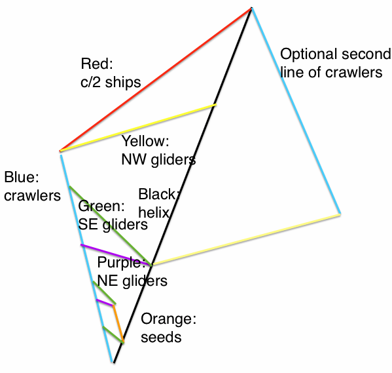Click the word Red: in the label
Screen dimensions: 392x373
point(97,64)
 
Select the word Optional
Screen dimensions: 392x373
point(308,54)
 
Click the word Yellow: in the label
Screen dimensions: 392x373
point(145,141)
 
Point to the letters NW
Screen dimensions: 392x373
point(134,159)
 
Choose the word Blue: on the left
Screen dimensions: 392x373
point(22,177)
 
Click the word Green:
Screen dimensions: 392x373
point(101,206)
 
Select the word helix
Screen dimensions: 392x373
point(154,212)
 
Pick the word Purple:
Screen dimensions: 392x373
point(122,262)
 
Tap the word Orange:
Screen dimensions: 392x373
point(168,319)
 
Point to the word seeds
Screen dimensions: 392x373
point(161,337)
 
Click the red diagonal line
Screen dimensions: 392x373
point(156,80)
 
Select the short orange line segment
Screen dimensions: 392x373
point(118,323)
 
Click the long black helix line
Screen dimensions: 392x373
point(183,185)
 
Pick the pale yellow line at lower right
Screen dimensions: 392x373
point(246,239)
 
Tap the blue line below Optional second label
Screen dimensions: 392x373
point(296,111)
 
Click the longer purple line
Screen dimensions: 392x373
point(116,254)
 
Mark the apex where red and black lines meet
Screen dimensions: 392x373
point(251,9)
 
